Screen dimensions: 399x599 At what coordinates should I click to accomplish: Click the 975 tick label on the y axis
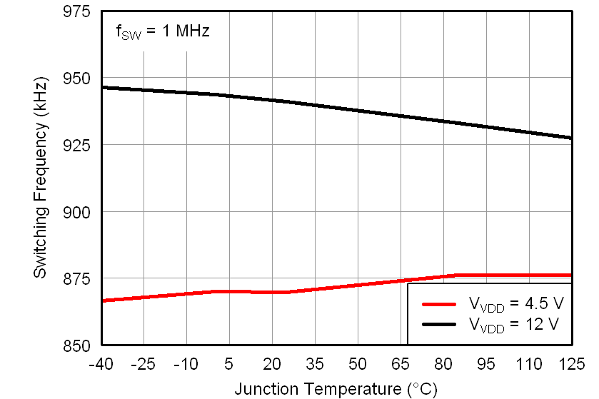(76, 12)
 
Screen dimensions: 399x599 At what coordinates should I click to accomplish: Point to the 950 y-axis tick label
(76, 79)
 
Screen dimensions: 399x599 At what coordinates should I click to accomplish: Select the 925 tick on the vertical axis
(76, 145)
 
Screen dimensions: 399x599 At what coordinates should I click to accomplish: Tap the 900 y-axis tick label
(76, 212)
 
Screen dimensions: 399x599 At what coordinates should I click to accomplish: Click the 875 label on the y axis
(76, 278)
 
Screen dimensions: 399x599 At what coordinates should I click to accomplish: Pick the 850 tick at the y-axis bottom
(76, 345)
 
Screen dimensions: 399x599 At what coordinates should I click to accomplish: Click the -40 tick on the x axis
(101, 364)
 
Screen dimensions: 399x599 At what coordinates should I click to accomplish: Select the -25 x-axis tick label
(144, 364)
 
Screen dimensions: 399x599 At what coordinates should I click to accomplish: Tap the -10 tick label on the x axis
(186, 364)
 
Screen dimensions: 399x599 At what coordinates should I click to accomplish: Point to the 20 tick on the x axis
(272, 364)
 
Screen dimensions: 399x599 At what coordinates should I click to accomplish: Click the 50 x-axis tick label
(358, 364)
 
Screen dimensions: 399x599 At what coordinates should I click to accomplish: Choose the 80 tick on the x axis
(443, 364)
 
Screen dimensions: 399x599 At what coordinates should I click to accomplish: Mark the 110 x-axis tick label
(529, 364)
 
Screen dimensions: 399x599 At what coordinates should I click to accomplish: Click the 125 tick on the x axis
(570, 364)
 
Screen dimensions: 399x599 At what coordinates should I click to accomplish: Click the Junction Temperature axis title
(336, 388)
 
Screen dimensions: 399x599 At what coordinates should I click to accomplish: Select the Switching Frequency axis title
(41, 179)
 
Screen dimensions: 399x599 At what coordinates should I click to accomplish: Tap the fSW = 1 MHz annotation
(162, 31)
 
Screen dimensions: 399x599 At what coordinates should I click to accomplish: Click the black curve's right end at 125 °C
(570, 138)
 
